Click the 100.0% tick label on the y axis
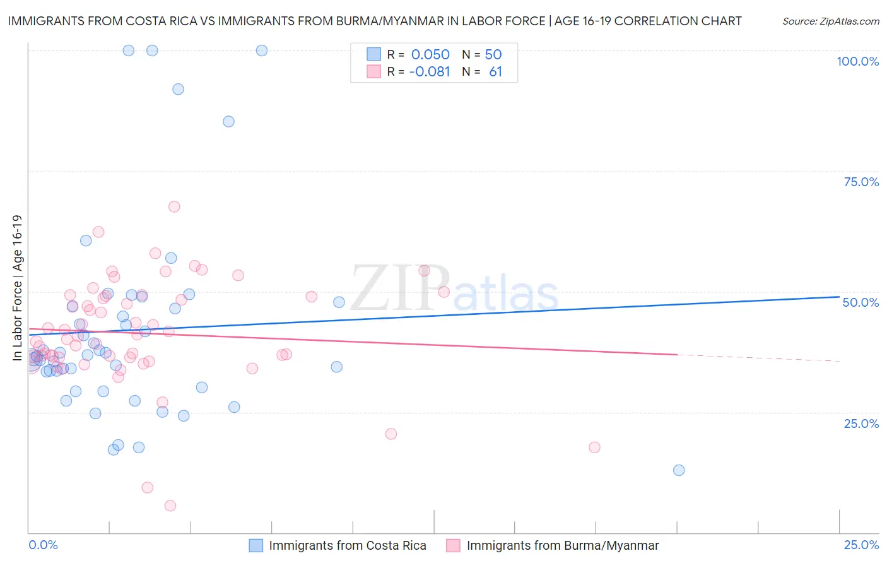click(x=857, y=61)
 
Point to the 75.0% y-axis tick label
click(x=861, y=182)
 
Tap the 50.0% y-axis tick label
click(x=861, y=302)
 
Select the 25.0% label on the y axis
click(x=861, y=423)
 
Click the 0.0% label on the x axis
click(x=43, y=545)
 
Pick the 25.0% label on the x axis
click(x=861, y=545)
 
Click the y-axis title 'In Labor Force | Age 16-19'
click(x=17, y=288)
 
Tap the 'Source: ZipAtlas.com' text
click(x=830, y=21)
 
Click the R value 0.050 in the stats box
click(x=430, y=55)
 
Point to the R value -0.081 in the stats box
click(x=430, y=72)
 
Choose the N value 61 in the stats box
click(x=495, y=72)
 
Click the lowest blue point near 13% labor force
click(x=679, y=470)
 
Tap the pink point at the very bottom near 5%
click(x=170, y=506)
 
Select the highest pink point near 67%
click(x=174, y=207)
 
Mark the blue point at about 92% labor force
click(x=179, y=90)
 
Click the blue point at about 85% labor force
click(x=229, y=122)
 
